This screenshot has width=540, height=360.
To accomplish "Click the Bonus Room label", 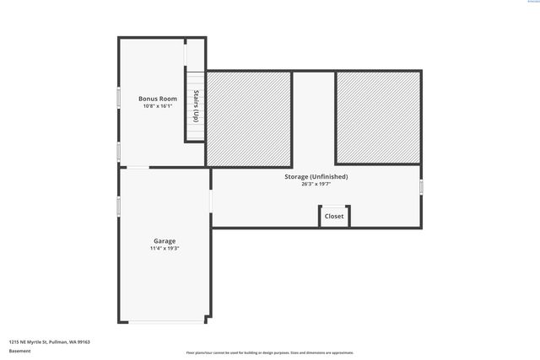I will click(x=158, y=99).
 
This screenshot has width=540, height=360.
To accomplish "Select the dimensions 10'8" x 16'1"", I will click(x=158, y=106).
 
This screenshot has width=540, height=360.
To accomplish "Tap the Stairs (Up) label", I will click(x=196, y=105).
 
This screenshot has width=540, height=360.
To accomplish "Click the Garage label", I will click(x=165, y=241).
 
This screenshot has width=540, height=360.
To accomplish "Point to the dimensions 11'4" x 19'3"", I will click(x=165, y=249).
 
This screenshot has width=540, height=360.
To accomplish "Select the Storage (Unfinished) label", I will click(x=316, y=176).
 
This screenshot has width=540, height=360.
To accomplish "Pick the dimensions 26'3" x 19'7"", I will click(x=316, y=184).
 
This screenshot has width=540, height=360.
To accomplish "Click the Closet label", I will click(x=334, y=216).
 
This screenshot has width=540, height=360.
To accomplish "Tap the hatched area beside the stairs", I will click(x=249, y=118).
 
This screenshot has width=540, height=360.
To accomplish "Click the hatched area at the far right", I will click(x=378, y=117).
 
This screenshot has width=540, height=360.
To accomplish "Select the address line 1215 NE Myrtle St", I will click(x=49, y=341).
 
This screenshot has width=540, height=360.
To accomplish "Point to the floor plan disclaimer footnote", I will click(x=269, y=352).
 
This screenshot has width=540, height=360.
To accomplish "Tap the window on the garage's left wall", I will click(x=119, y=207).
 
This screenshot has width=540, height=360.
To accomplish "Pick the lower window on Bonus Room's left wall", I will click(x=119, y=152).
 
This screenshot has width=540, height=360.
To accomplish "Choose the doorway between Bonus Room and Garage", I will click(x=138, y=168).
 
